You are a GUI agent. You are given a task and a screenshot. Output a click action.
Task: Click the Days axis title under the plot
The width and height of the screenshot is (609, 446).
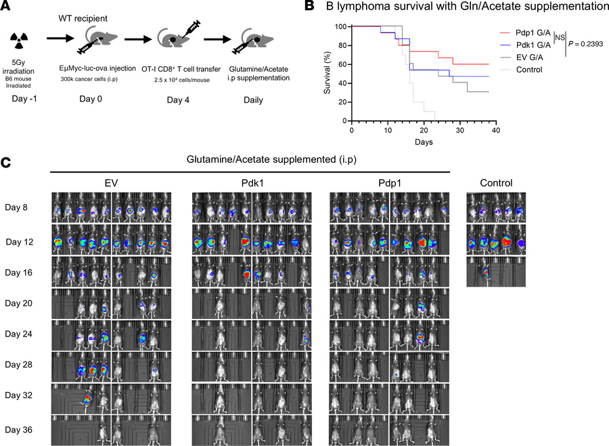424,143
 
